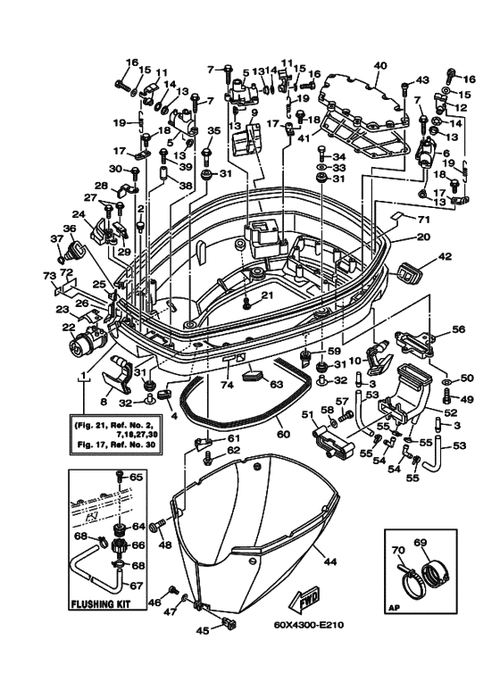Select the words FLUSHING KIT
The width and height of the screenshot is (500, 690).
pos(101,603)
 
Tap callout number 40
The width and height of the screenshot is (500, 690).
pos(379,66)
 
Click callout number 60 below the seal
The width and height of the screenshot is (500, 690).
pos(284,435)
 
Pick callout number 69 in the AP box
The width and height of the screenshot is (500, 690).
pos(421,543)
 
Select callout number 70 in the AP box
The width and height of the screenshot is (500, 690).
pos(398,550)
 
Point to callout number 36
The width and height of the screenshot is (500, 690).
pos(69,229)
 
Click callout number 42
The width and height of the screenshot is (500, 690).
pos(445,256)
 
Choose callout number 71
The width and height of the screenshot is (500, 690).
pos(423,220)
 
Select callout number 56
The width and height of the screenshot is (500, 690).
pos(458,328)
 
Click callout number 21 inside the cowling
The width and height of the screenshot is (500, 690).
pos(268,295)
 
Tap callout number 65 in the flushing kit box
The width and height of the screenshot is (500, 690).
pos(137,477)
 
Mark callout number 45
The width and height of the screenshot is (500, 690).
pos(203,630)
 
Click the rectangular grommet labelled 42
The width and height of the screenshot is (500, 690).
pos(408,272)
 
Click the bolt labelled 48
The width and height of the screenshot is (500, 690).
pos(156,526)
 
